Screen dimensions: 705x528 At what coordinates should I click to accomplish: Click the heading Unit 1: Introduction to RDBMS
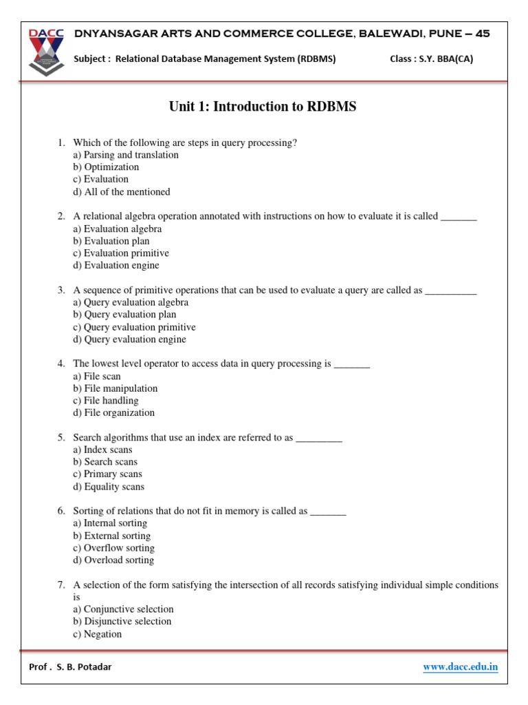pos(263,107)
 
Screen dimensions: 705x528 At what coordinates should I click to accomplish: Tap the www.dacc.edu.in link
pos(460,666)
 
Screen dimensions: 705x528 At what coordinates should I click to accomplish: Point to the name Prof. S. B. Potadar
pos(70,666)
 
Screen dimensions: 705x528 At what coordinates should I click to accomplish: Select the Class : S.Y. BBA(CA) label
pos(431,59)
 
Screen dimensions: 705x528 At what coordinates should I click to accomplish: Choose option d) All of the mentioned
pos(122,192)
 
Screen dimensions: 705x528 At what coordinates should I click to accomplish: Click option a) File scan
pos(97,376)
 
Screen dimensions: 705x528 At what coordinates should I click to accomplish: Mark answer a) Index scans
pos(102,450)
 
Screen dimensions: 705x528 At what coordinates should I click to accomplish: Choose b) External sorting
pos(112,536)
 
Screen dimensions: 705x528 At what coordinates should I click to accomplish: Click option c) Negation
pos(98,634)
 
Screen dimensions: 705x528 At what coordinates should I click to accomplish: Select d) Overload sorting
pos(113,560)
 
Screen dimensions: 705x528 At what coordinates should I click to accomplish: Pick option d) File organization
pos(114,413)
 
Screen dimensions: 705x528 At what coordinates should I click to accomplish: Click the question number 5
pos(61,437)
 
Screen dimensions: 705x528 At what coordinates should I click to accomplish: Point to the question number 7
pos(61,585)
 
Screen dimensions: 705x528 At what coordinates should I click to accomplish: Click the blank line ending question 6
pos(328,512)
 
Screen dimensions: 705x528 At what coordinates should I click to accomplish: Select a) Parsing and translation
pos(126,155)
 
